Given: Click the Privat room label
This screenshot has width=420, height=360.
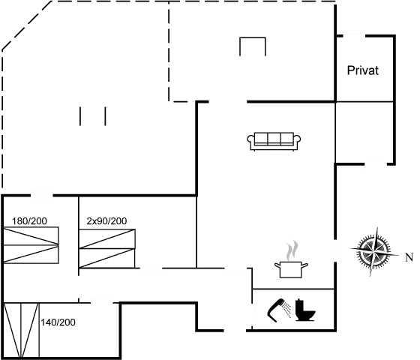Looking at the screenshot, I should pos(362,70).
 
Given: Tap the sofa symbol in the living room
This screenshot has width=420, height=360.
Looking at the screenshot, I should pos(274,139).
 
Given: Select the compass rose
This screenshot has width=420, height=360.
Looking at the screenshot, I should pos(373,250).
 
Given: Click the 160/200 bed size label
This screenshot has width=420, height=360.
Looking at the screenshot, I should pos(30,220).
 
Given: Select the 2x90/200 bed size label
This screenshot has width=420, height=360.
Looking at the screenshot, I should pos(106,220).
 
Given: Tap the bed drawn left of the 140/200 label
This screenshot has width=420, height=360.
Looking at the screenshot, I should pos(21,328).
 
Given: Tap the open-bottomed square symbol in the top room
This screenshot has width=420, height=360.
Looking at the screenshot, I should pos(253,46).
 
